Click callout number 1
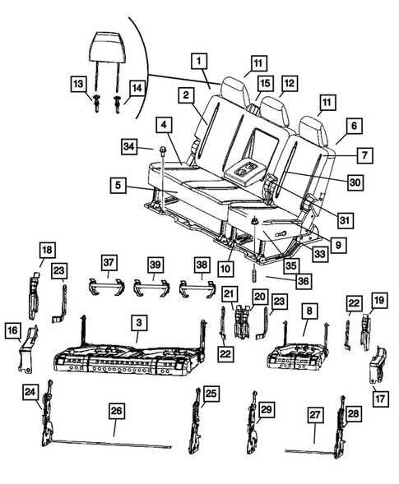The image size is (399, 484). pos(199,59)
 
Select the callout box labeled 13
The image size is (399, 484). pos(78,85)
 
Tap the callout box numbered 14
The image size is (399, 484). pos(137,87)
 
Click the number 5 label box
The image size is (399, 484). pos(120,187)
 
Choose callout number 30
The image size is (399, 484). pos(355,182)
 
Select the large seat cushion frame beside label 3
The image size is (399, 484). pos(123,358)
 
